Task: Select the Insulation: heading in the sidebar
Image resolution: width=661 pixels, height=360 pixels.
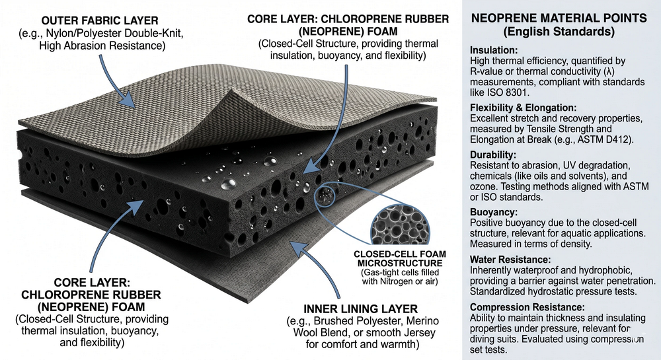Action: (x=493, y=50)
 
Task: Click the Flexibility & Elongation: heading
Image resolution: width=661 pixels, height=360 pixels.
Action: (x=524, y=107)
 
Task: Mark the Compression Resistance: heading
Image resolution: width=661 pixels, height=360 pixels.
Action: (x=527, y=307)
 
